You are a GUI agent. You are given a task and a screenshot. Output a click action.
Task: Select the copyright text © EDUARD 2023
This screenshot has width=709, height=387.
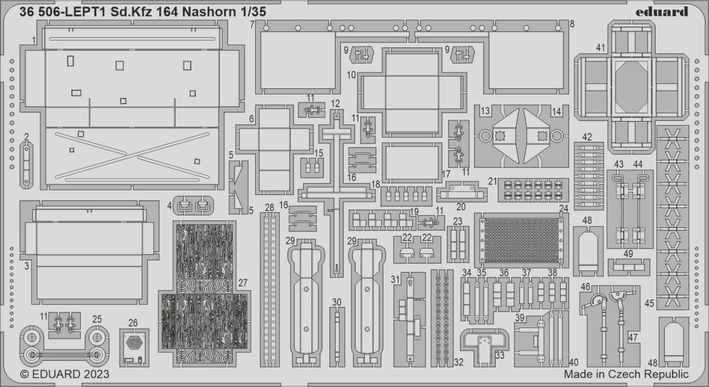(x=64, y=374)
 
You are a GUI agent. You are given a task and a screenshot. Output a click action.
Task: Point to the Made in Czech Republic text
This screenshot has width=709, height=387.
(x=626, y=374)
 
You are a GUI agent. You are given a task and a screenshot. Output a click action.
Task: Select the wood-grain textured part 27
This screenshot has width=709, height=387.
(x=205, y=294)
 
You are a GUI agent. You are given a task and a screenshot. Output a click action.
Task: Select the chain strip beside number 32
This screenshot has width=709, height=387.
(x=442, y=316)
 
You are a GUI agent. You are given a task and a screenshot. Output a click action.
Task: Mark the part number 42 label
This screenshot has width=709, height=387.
(x=587, y=137)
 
